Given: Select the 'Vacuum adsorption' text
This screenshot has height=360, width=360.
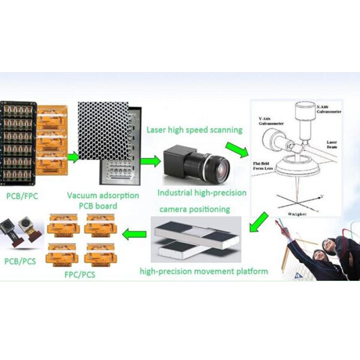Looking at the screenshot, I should tap(103, 196).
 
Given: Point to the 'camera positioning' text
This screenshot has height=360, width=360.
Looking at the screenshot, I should tap(194, 209).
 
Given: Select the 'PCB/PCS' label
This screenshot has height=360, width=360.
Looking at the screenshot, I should tap(19, 262).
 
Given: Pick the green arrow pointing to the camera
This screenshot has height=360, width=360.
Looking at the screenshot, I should tap(152, 160).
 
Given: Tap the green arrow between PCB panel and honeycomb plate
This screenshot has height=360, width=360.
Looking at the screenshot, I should tap(72, 158).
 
